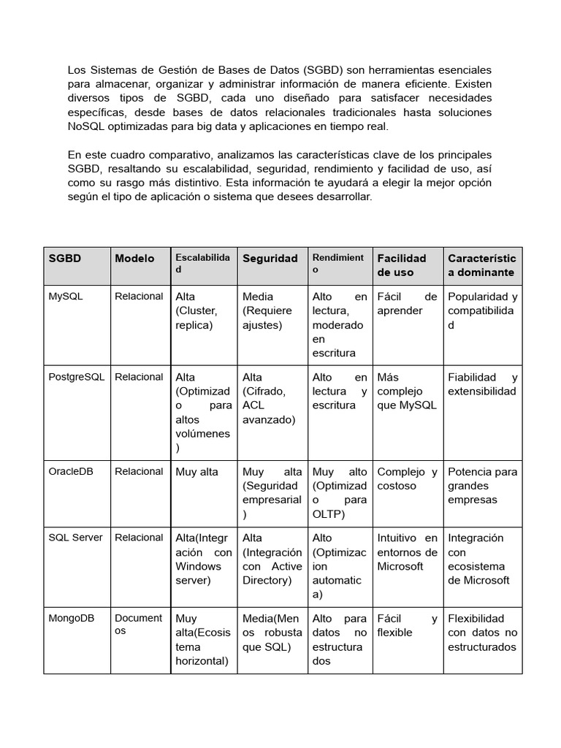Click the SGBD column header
coord(65,259)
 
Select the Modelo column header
coord(134,259)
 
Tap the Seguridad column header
coord(270,259)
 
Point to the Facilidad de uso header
coord(402,265)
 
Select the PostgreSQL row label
coord(77,377)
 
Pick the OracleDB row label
coord(71,472)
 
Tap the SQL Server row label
coord(75,538)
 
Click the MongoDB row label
coord(72,618)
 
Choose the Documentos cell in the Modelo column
coord(138,625)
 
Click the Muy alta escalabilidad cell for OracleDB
coord(197,472)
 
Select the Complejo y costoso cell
coord(407,478)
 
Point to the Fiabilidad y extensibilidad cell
coord(482,384)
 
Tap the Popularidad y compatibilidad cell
coord(482,310)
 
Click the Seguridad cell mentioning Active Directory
coord(272,559)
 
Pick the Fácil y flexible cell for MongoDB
coord(407,625)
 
